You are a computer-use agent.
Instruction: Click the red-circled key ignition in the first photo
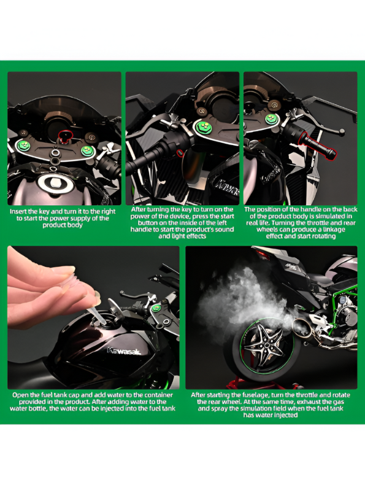[x=61, y=135]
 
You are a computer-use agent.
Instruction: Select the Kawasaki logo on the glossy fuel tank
[x=125, y=351]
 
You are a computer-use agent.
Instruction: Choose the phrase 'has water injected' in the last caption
[x=270, y=415]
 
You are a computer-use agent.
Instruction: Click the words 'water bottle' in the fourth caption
[x=37, y=408]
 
